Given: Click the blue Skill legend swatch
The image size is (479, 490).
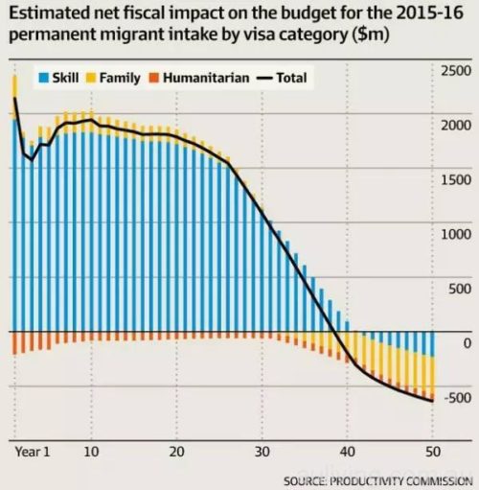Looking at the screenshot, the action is click(43, 78).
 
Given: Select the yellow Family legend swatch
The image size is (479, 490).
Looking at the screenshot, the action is click(91, 78).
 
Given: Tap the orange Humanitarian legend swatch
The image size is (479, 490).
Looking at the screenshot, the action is click(154, 78).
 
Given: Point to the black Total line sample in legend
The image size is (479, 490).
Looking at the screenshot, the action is click(264, 79).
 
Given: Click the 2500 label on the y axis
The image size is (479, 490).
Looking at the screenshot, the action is click(456, 71).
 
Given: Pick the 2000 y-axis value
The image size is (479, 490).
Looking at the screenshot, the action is click(456, 126).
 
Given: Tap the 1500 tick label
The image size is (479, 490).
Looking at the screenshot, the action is click(456, 180).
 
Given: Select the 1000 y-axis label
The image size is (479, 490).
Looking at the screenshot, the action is click(456, 234).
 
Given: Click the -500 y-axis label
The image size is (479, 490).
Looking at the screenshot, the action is click(457, 398).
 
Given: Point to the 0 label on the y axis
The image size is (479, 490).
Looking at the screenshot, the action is click(467, 343).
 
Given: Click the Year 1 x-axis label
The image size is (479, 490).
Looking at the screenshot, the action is click(33, 452).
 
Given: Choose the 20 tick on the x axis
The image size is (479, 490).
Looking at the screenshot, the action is click(176, 452).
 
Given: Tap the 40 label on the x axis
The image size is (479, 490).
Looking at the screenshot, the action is click(348, 452).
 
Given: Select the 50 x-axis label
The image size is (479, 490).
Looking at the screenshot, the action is click(433, 452).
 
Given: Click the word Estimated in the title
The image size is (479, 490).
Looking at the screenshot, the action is click(50, 13).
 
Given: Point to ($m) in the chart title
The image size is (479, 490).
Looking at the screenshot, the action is click(371, 35).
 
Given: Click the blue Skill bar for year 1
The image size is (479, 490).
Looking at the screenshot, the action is click(14, 225).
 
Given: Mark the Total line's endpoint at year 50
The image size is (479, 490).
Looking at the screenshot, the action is click(433, 401).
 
